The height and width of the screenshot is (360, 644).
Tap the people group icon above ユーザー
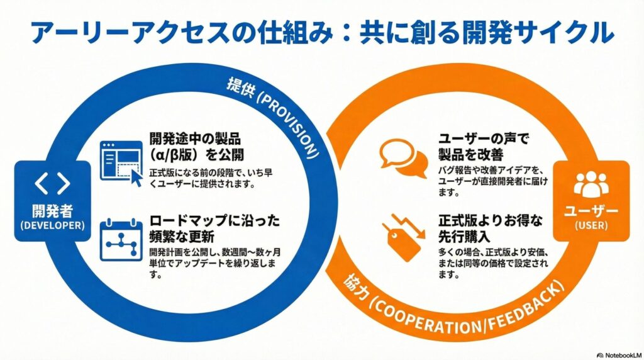[x=591, y=184]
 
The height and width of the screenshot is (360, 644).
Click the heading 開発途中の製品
[x=196, y=138]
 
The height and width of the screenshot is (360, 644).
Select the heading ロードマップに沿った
[x=214, y=222]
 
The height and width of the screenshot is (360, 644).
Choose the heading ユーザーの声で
[x=483, y=137]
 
